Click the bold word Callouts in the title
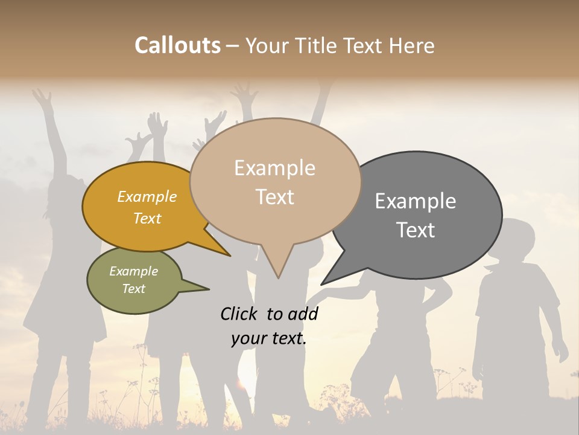(x=177, y=45)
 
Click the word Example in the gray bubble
(x=416, y=201)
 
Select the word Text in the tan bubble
(x=275, y=197)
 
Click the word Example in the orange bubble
(x=147, y=197)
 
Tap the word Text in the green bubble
(x=134, y=289)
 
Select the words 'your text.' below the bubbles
(x=268, y=338)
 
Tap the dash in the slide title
(x=233, y=46)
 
